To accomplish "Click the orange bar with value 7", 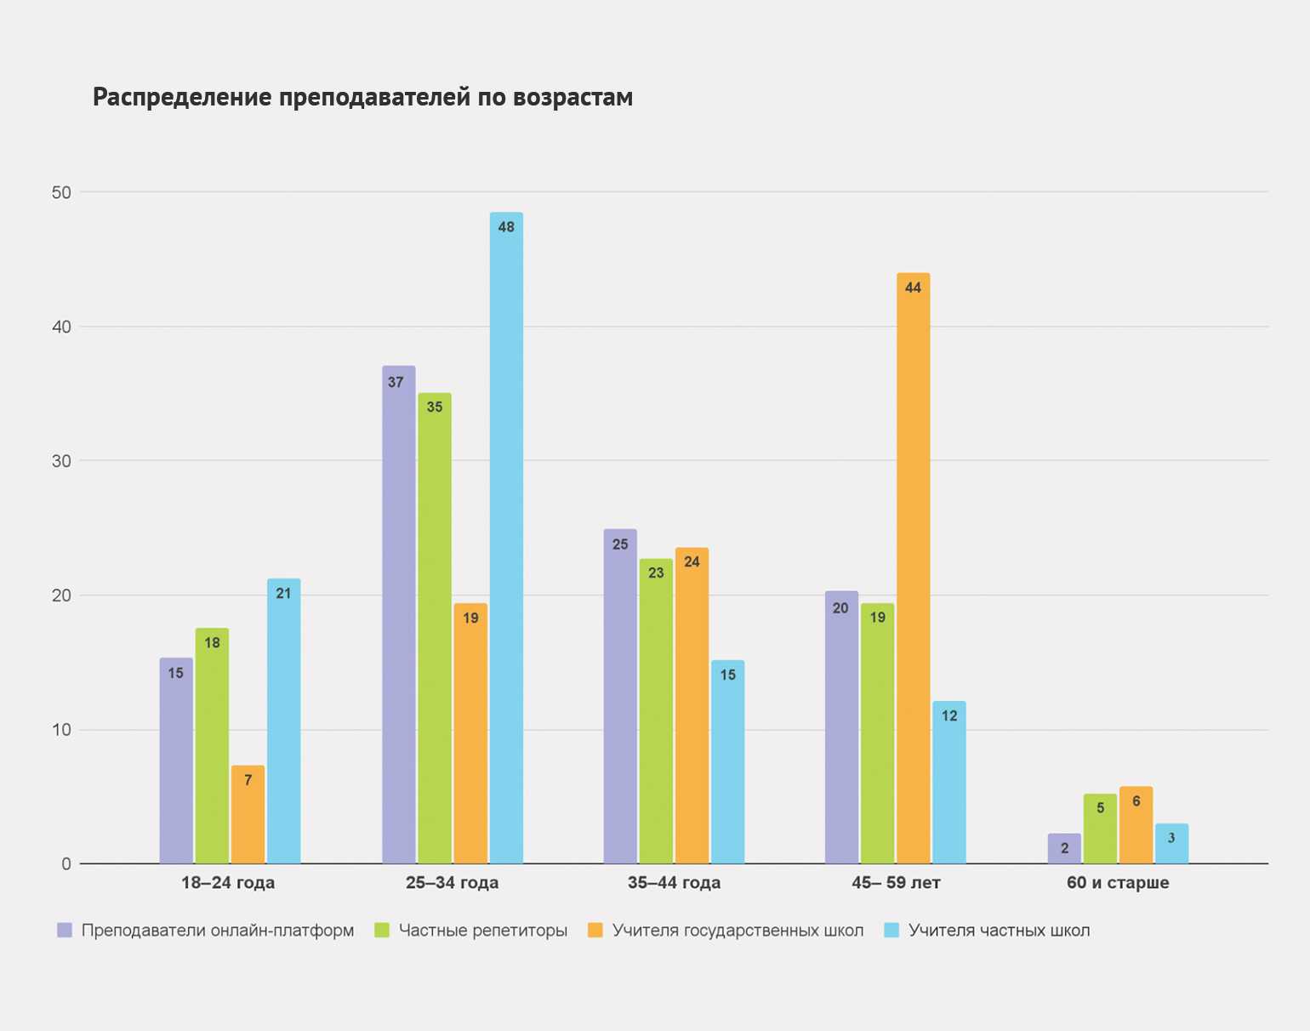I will [x=248, y=814].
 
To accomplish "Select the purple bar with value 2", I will [x=1064, y=848].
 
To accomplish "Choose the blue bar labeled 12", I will [x=948, y=783].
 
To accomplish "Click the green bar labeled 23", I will [x=656, y=711].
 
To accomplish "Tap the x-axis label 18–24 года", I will [x=228, y=883].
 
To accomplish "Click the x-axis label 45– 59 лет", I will [x=896, y=883].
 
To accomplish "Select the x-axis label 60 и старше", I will [x=1118, y=883].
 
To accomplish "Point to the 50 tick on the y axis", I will [x=61, y=192].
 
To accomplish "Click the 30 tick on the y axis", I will [x=61, y=461].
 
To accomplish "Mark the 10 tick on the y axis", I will [x=61, y=730].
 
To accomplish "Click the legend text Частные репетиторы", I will [x=482, y=931].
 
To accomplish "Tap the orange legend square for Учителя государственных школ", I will [x=595, y=931].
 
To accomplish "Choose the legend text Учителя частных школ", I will [x=999, y=931].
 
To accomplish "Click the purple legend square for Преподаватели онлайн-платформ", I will [x=65, y=931].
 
